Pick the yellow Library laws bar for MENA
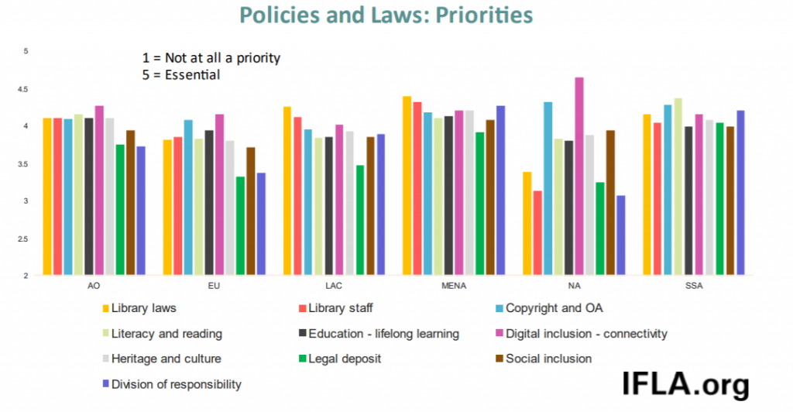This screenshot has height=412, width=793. (407, 186)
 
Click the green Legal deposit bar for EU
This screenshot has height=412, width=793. (241, 226)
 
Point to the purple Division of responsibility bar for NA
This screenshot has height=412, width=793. (620, 235)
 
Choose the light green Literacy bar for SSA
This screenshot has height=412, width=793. (678, 187)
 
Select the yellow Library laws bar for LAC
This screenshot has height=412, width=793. (287, 191)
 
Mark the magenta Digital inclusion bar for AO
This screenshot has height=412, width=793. (99, 191)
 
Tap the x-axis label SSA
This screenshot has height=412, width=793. (694, 286)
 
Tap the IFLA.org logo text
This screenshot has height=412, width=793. (685, 383)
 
